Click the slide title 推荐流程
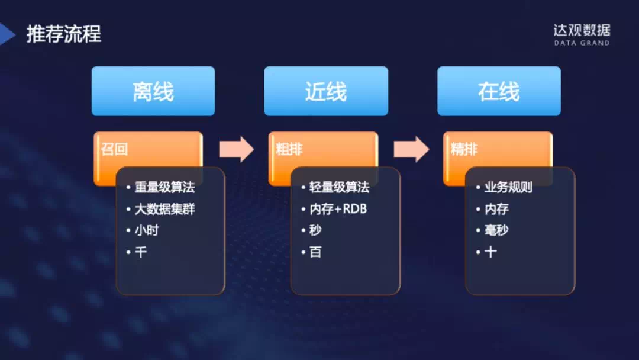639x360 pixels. coord(63,33)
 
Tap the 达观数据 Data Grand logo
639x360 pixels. coord(582,35)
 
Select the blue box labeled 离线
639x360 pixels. coord(153,91)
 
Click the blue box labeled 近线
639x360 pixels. coord(326,91)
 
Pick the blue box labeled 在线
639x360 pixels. coord(499,91)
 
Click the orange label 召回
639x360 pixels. coord(115,149)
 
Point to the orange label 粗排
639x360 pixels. coord(289,149)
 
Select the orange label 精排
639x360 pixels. coord(464,149)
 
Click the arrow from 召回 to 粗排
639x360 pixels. coord(236,149)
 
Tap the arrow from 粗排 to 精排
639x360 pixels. coord(411,149)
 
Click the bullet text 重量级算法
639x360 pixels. coord(164,187)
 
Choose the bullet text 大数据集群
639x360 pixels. coord(164,209)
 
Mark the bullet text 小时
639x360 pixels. coord(147,230)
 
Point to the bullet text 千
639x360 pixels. coord(141,252)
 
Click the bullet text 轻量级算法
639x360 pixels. coord(339,187)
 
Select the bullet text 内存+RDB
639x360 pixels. coord(338,209)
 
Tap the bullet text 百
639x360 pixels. coord(315,252)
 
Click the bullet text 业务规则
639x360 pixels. coord(508,187)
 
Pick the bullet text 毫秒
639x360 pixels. coord(496,230)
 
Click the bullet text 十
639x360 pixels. coord(490,252)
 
